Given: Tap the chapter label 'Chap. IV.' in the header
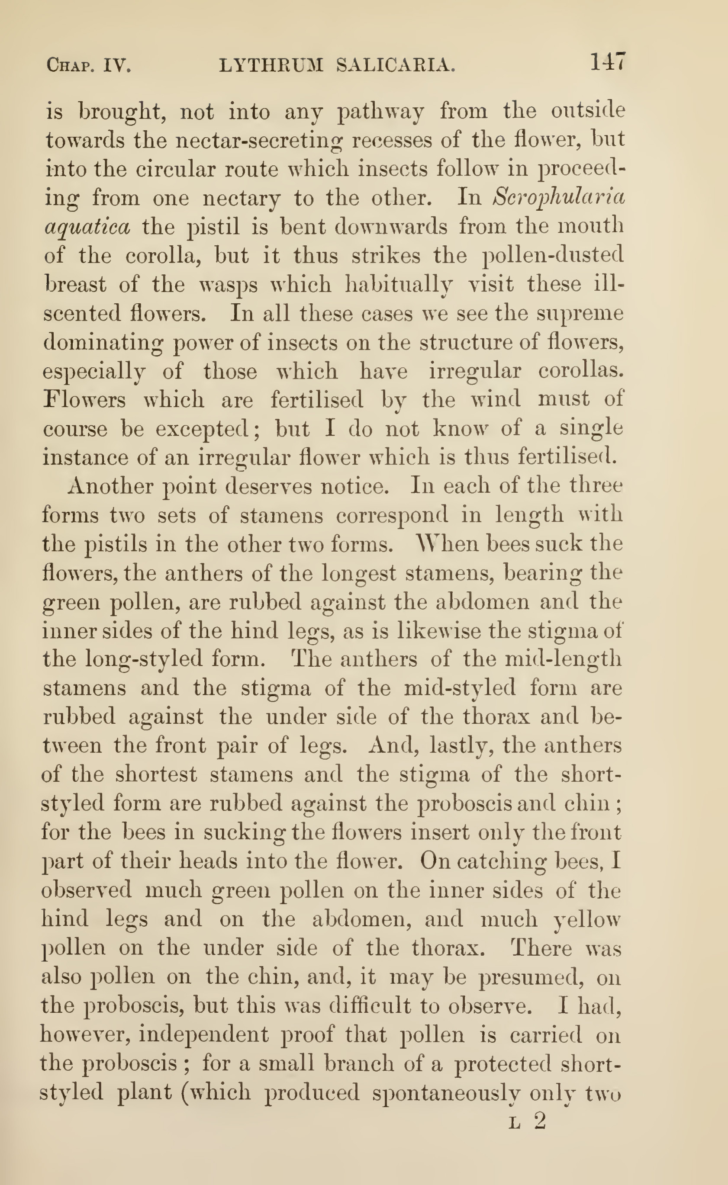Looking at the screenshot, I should pos(89,65).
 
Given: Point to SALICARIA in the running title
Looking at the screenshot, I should pos(395,65).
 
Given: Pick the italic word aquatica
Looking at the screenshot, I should pos(87,227).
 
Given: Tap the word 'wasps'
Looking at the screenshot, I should pos(228,284).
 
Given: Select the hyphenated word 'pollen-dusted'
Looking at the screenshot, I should pos(553,256).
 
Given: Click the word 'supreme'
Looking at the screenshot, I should pos(580,314).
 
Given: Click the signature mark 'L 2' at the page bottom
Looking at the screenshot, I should pos(528,1121).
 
